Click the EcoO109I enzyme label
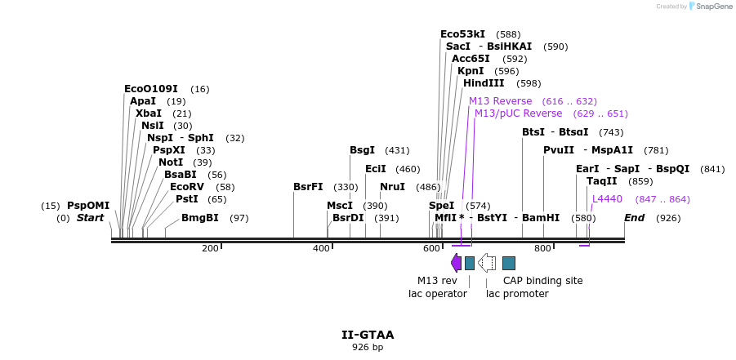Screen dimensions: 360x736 tap(150, 88)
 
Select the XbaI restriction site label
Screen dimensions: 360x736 tap(149, 113)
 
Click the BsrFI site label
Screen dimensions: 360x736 tap(308, 186)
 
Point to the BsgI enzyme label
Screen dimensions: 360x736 tap(362, 149)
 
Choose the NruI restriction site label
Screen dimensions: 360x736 tap(392, 187)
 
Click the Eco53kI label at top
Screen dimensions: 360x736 tap(462, 33)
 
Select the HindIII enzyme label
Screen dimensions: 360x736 tap(484, 82)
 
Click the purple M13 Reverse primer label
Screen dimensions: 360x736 tap(500, 100)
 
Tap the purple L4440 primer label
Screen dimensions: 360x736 tap(607, 198)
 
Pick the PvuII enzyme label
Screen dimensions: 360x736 tap(559, 149)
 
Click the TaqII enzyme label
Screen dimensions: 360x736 tap(601, 180)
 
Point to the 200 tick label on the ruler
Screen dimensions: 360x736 tap(210, 248)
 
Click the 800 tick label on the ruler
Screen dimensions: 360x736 tap(542, 248)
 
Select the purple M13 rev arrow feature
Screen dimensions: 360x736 tap(456, 263)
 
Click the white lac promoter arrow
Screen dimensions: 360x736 tap(487, 263)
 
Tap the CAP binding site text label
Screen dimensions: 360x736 tap(542, 280)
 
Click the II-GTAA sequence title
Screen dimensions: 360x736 tap(368, 335)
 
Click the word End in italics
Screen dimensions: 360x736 tap(635, 218)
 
